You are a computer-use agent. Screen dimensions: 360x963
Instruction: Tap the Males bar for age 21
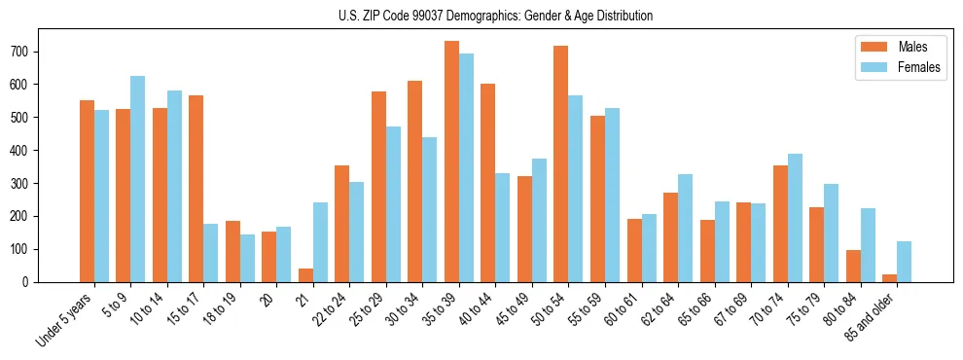point(305,275)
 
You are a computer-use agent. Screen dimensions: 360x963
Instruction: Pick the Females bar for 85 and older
point(904,262)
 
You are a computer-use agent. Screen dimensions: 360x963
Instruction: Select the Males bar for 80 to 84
point(853,266)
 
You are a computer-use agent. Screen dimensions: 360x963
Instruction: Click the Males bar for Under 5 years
point(87,191)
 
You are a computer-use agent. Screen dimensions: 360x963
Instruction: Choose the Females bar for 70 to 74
point(795,218)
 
